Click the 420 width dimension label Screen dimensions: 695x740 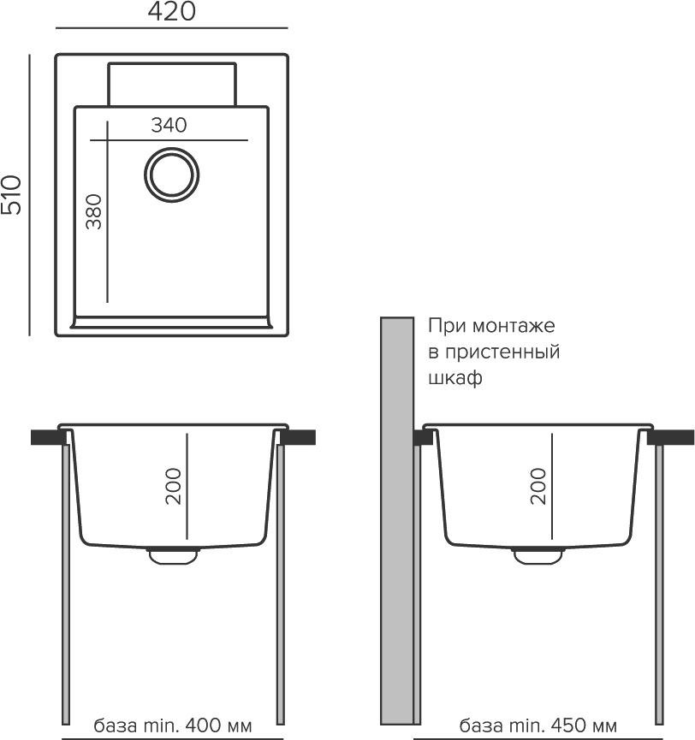(171, 11)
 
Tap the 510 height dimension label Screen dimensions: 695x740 (11, 195)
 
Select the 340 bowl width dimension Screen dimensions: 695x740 (169, 125)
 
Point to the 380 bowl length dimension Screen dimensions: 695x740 (93, 211)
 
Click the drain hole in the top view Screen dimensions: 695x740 (171, 175)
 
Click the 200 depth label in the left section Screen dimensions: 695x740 (173, 486)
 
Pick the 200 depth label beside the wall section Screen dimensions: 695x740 (538, 486)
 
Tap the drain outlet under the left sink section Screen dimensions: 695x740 (173, 556)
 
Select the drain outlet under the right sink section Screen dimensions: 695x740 (538, 556)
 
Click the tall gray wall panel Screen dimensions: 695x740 (397, 520)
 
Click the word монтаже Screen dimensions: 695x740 (514, 326)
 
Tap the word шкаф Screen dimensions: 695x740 (455, 378)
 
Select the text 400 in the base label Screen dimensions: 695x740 (202, 725)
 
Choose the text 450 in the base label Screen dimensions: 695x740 (568, 725)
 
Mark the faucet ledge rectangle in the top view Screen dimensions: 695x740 (172, 84)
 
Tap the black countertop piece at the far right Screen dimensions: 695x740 (670, 437)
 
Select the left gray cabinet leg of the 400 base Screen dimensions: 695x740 (66, 584)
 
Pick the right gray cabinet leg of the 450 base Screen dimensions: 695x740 (659, 584)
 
